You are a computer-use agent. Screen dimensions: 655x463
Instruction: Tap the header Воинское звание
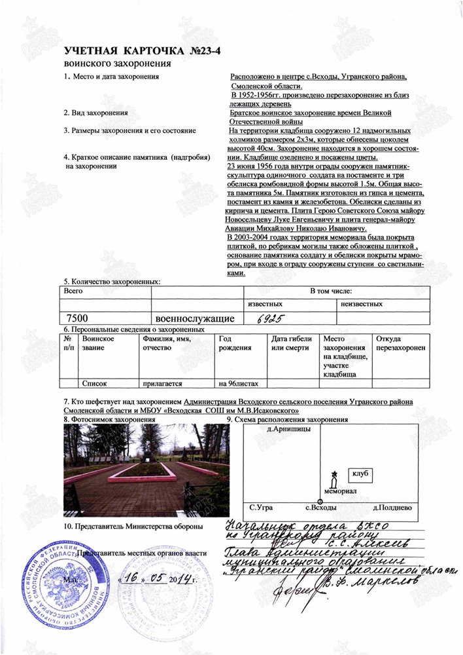point(97,343)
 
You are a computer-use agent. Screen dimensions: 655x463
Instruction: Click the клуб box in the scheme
point(358,472)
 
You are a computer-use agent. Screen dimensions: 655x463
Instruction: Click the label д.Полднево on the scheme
point(391,508)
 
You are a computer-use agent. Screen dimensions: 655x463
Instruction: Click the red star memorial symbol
point(332,473)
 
